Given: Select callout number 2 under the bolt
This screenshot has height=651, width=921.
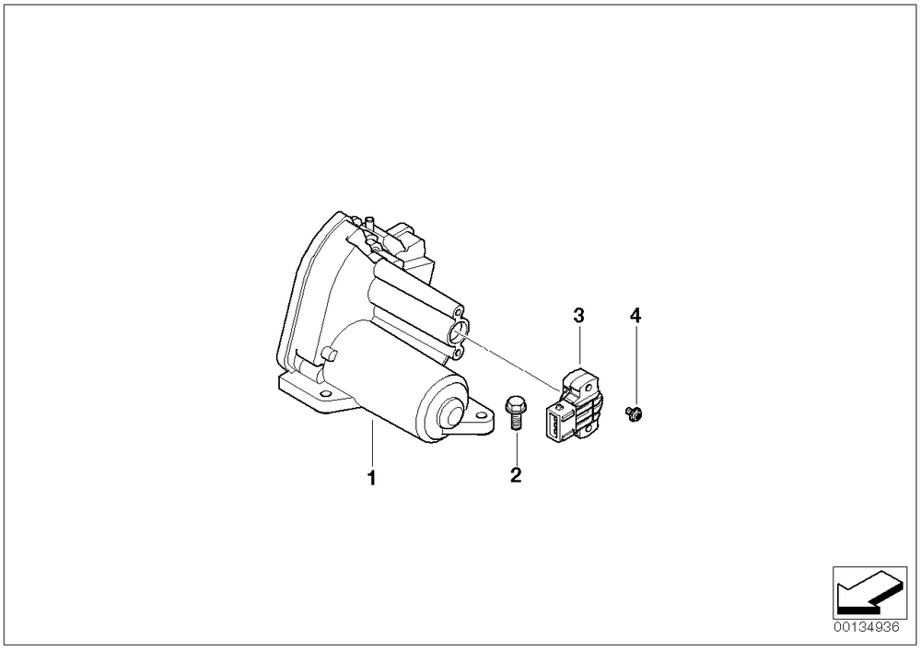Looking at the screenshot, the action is tap(516, 475).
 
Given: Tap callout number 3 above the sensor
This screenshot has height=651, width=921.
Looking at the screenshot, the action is tap(579, 316).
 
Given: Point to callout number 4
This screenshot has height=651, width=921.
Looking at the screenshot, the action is tap(635, 316).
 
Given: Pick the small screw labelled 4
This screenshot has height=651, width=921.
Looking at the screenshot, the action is tap(635, 413).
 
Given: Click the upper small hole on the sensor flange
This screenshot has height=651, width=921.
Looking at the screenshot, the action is tap(460, 311).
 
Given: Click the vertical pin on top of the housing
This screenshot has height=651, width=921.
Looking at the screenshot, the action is tap(368, 225).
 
